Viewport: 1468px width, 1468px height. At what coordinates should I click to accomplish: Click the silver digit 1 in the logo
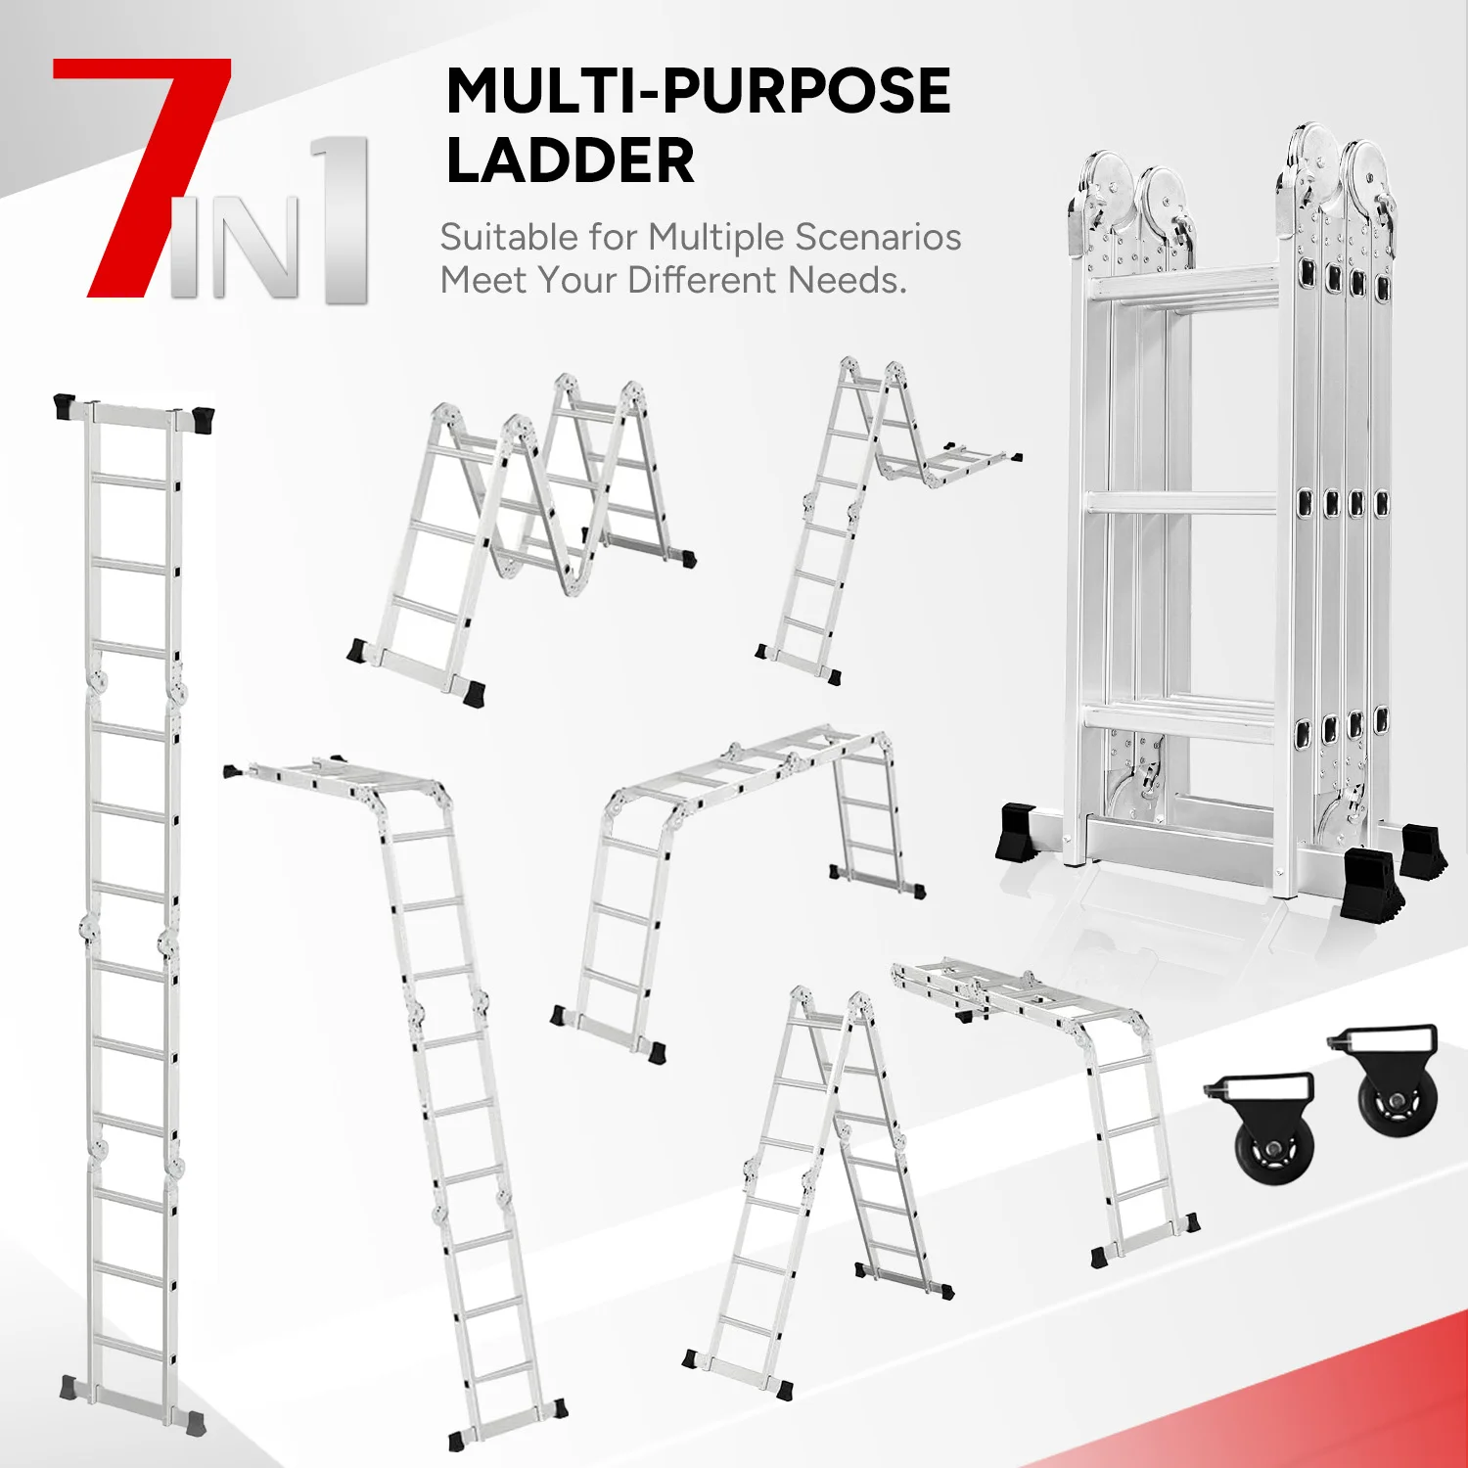(x=343, y=220)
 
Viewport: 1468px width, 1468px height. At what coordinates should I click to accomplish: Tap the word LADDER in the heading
(x=570, y=161)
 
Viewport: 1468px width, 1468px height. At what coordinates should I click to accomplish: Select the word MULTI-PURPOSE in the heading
(x=698, y=91)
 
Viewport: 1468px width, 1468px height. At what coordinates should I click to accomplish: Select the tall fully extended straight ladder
(x=132, y=910)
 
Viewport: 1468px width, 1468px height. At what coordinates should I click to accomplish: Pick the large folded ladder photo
(x=1233, y=519)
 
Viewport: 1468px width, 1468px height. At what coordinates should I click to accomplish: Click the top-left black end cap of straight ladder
(x=65, y=405)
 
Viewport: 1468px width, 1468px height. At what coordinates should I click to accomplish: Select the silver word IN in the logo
(x=235, y=250)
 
